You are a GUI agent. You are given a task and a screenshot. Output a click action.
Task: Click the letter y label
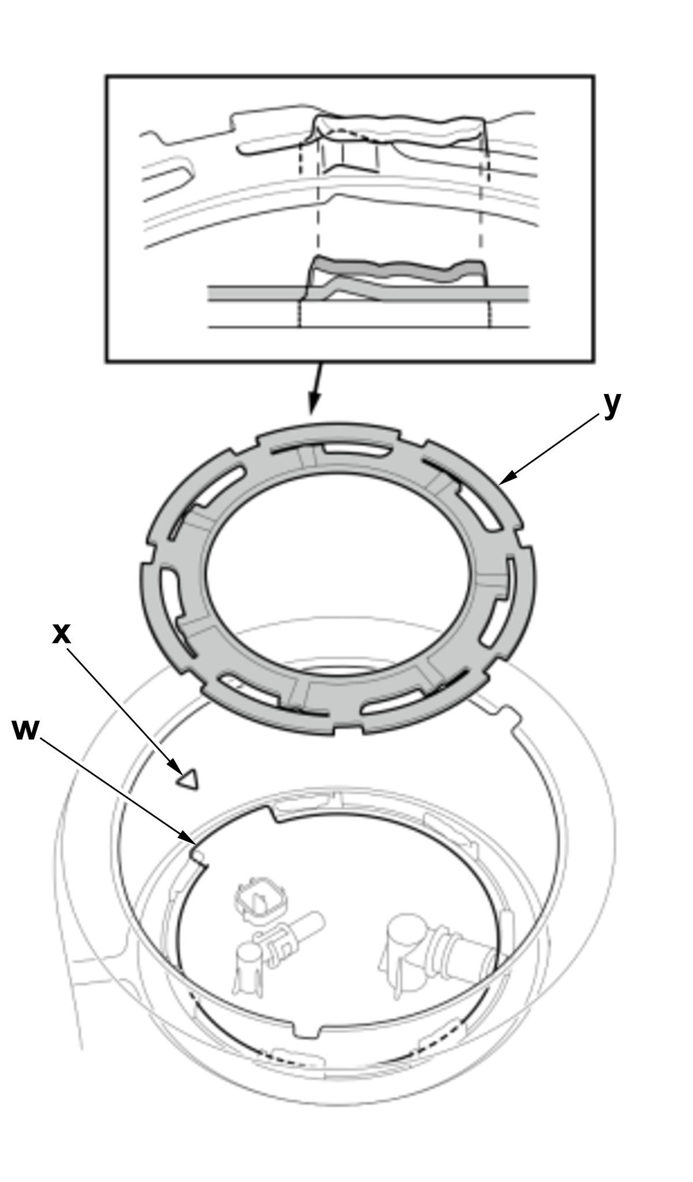point(612,404)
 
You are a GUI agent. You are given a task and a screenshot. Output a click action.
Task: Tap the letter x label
point(61,634)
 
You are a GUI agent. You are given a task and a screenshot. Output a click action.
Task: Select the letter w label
point(25,730)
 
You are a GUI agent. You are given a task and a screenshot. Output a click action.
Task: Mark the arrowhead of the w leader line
point(187,837)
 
